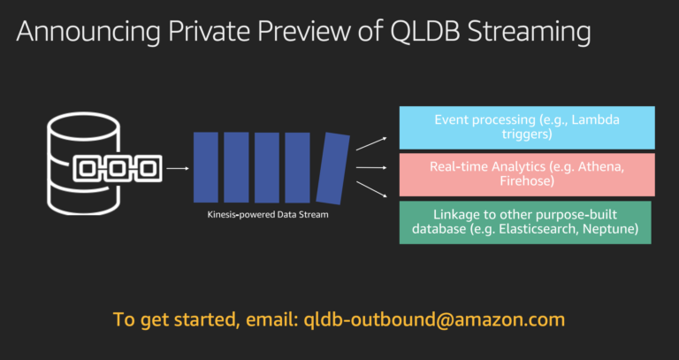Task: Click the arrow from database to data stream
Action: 177,167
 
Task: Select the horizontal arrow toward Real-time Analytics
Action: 371,167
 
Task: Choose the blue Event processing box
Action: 527,127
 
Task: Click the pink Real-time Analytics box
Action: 527,173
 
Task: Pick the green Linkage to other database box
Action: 525,222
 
